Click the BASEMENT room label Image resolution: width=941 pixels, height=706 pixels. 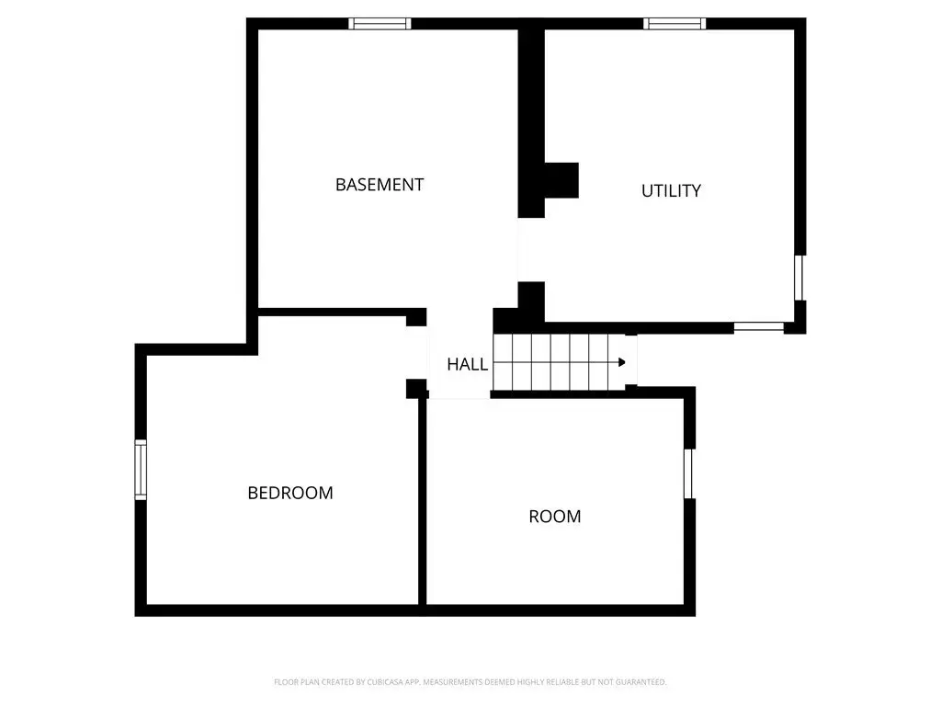coord(380,185)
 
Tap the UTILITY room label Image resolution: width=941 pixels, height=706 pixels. coord(671,191)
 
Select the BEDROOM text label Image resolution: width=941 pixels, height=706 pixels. coord(289,493)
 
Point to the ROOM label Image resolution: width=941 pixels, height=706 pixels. coord(554,517)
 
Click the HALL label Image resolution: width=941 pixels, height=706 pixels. coord(467,364)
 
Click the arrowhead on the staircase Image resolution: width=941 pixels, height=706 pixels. coord(622,362)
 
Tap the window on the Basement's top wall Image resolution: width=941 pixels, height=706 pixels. coord(380,23)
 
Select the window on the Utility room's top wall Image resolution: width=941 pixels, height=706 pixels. coord(675,23)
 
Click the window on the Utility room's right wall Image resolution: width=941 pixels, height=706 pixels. coord(799,278)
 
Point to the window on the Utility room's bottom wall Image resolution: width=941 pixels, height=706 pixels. coord(758,327)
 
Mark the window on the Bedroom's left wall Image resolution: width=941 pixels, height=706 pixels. coord(141,470)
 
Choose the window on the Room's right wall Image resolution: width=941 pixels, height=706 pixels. coord(689,473)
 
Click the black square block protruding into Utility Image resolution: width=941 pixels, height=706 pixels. coord(561,180)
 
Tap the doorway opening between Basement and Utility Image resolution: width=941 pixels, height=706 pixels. coord(531,250)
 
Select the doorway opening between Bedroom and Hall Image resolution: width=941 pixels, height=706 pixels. coord(416,353)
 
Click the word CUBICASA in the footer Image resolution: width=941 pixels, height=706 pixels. coord(385,682)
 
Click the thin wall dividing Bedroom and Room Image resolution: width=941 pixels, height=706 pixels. coord(422,500)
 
